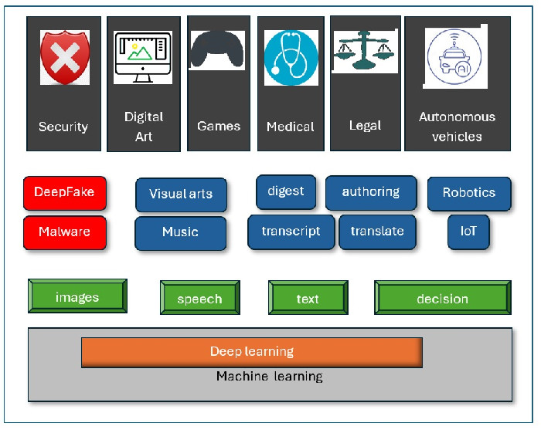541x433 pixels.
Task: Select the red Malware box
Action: click(x=65, y=232)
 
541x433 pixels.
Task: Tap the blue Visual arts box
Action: click(x=181, y=195)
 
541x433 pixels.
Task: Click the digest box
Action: click(x=286, y=191)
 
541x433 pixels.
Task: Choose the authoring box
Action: click(x=371, y=192)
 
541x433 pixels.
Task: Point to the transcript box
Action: click(x=291, y=232)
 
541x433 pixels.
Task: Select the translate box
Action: click(x=377, y=232)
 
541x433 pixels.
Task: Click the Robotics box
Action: click(x=469, y=193)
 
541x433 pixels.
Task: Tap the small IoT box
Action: click(x=468, y=232)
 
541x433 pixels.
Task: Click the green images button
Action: click(x=77, y=296)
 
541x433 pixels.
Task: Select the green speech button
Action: click(x=199, y=299)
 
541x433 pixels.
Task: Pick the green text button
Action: click(x=308, y=299)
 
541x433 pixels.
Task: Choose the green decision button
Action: click(x=442, y=299)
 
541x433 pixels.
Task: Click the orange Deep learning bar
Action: click(x=252, y=352)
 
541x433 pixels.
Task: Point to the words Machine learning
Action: click(x=269, y=377)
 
